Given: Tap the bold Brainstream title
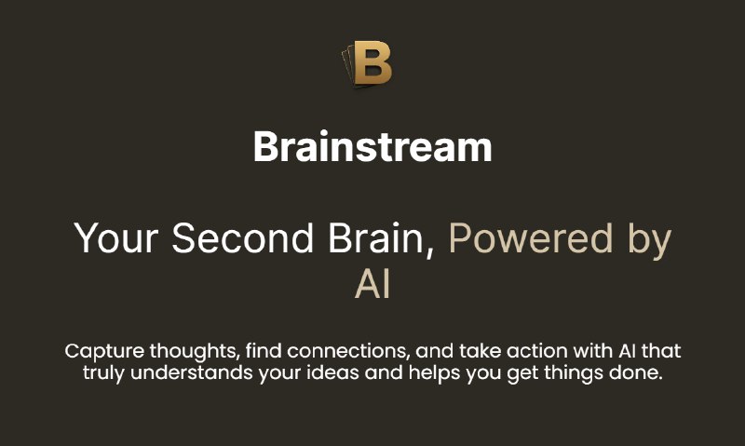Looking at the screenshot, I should (x=372, y=147).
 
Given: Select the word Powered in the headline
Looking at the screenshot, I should (x=531, y=239).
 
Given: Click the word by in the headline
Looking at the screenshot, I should (x=648, y=241).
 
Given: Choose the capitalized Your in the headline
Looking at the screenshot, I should (x=116, y=239).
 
